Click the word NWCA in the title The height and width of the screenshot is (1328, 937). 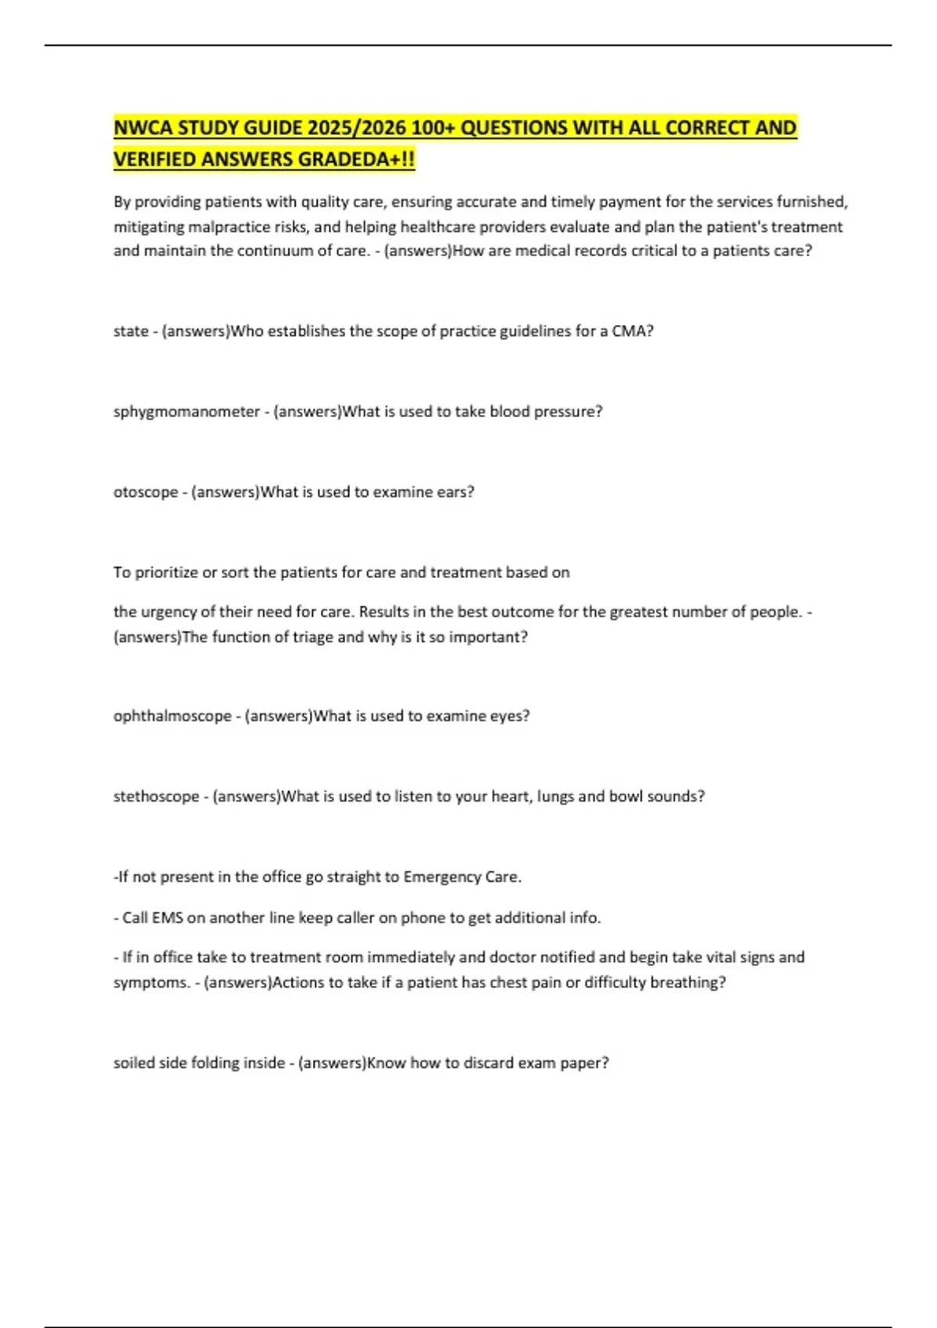144,127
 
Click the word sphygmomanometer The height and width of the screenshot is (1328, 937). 187,412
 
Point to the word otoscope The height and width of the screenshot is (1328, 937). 146,492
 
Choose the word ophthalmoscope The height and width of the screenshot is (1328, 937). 173,716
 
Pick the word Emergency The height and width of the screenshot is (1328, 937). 441,877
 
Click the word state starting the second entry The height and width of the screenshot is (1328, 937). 130,331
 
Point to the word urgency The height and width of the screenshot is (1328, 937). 169,612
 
